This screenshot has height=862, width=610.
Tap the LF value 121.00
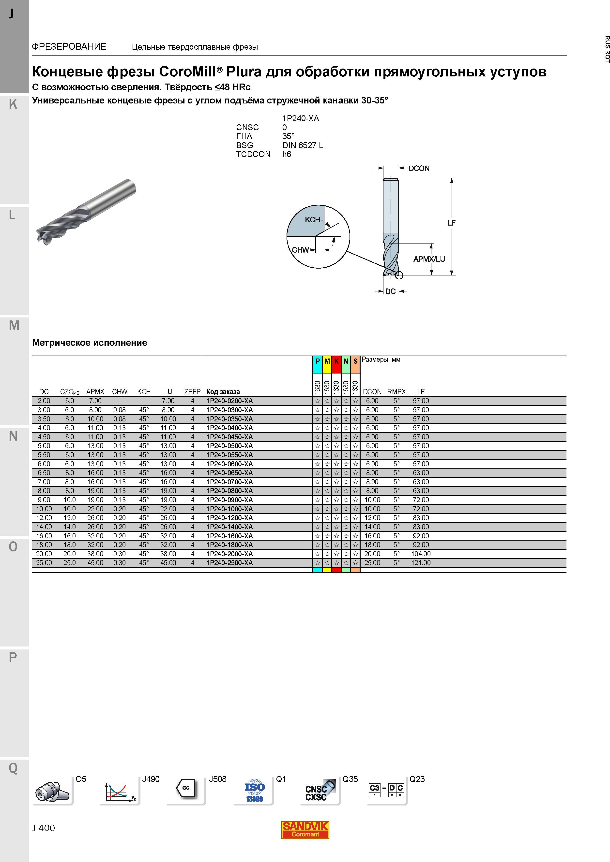[x=421, y=563]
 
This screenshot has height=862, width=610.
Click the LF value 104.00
[x=421, y=554]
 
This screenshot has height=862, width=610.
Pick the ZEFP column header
[x=192, y=392]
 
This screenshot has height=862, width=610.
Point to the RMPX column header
[x=396, y=392]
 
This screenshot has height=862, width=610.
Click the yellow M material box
[x=327, y=361]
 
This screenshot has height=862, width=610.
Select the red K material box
[x=336, y=361]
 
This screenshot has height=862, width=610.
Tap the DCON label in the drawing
[x=419, y=169]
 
